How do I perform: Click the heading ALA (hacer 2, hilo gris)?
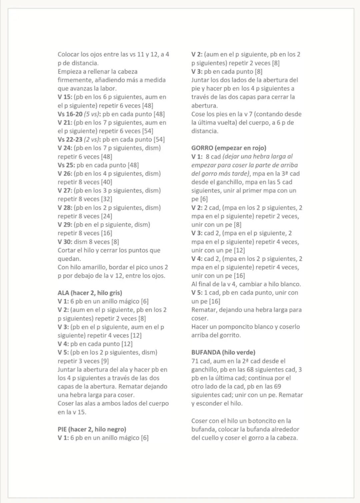90,293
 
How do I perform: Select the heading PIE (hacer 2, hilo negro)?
92,429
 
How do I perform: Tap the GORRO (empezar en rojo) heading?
229,148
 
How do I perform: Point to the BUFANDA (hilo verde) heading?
223,352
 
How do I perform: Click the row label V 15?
65,97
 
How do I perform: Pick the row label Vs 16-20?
70,114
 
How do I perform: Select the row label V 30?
65,242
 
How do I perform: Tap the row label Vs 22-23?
70,139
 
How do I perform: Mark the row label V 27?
65,190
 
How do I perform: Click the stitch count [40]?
106,182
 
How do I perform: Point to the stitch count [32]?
106,199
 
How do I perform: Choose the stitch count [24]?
106,216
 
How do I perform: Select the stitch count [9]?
105,361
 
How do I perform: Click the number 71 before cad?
195,361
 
